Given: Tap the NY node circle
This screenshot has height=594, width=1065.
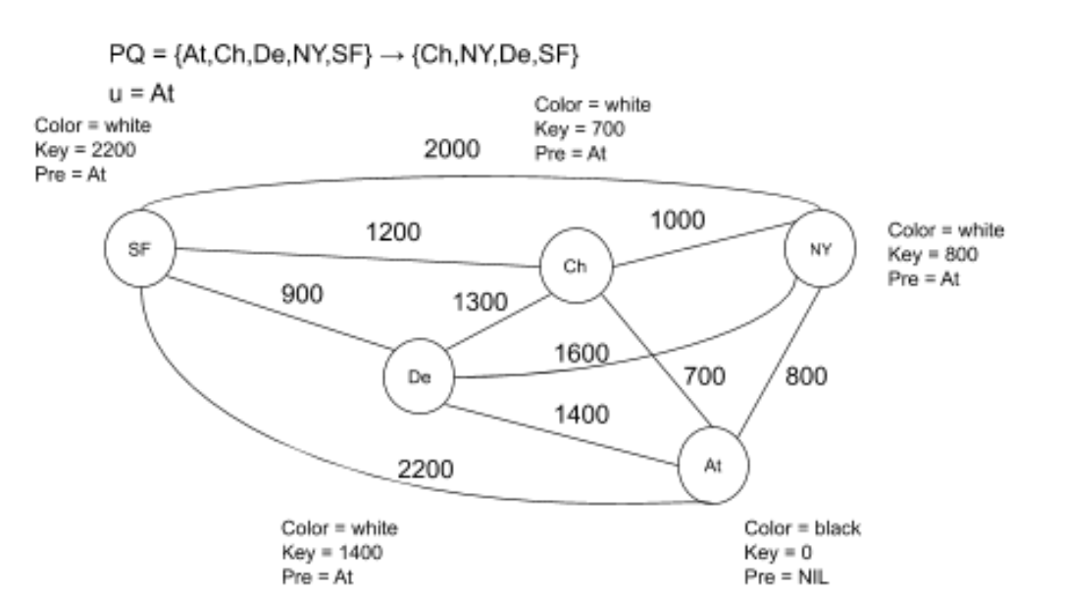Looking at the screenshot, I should tap(820, 250).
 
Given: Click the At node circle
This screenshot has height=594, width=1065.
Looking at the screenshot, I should tap(713, 463).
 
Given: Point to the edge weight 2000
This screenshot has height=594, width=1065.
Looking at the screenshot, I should tap(452, 149).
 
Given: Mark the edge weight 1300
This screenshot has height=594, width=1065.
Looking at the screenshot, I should tap(481, 303).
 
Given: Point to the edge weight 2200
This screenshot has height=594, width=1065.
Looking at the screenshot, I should tap(425, 470).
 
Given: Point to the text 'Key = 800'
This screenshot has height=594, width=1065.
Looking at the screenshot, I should tap(929, 254).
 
